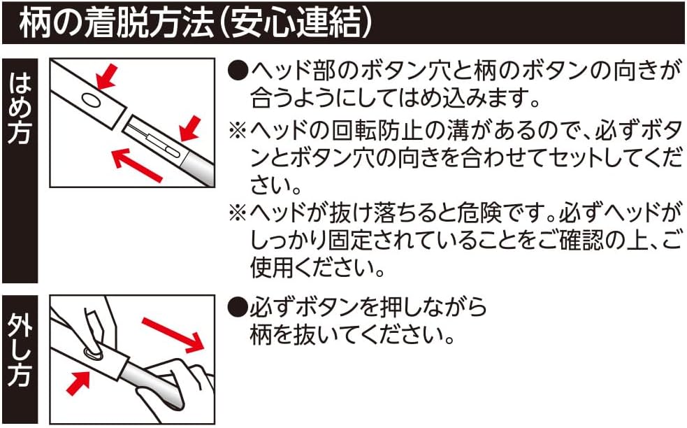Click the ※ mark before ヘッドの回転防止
(x=238, y=131)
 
